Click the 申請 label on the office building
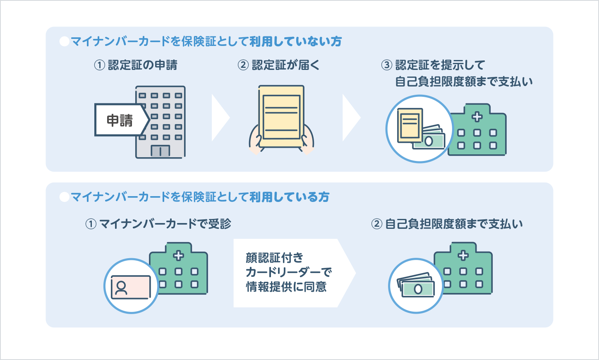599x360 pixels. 120,120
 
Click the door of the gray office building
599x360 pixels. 160,151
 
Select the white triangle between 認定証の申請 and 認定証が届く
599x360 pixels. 219,118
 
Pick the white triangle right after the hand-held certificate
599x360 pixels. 350,118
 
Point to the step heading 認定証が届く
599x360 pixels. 285,65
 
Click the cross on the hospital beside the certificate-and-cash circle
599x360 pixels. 477,117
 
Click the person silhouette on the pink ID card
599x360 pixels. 121,288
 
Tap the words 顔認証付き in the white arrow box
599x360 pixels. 275,258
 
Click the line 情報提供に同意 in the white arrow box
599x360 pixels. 286,287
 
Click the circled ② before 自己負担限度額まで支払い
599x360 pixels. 376,224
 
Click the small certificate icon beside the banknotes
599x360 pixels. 410,124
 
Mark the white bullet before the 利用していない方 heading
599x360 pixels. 64,41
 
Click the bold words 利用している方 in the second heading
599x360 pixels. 290,197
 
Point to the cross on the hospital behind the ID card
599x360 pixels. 178,255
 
